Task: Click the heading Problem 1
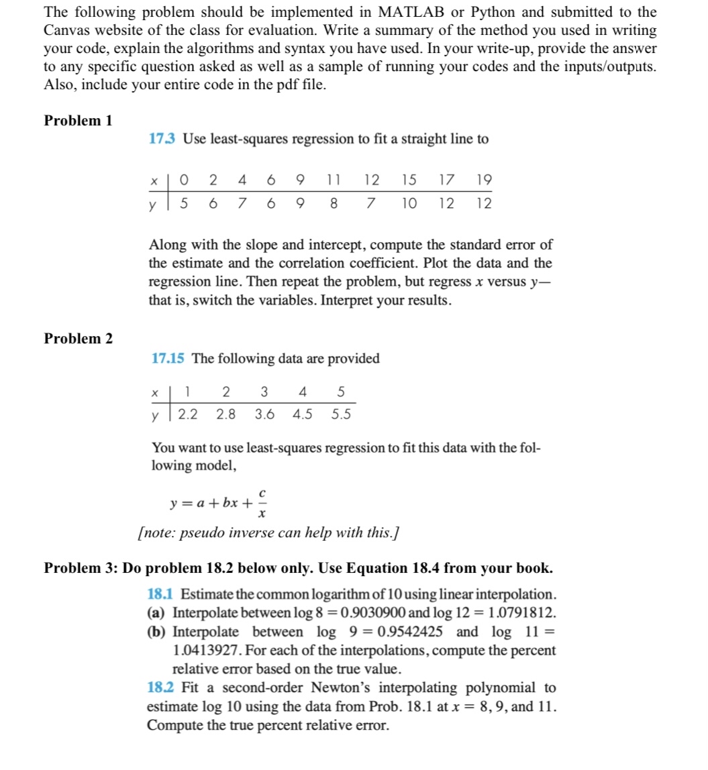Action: tap(78, 121)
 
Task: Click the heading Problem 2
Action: tap(78, 339)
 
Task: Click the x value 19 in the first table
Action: tap(483, 180)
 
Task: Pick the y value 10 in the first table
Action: tap(409, 203)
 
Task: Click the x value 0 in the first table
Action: tap(184, 180)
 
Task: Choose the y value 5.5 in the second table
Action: tap(341, 414)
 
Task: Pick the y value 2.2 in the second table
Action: tap(187, 414)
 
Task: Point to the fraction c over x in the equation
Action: tap(260, 505)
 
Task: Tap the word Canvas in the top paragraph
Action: tap(65, 31)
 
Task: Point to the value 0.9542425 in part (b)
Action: tap(414, 632)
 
